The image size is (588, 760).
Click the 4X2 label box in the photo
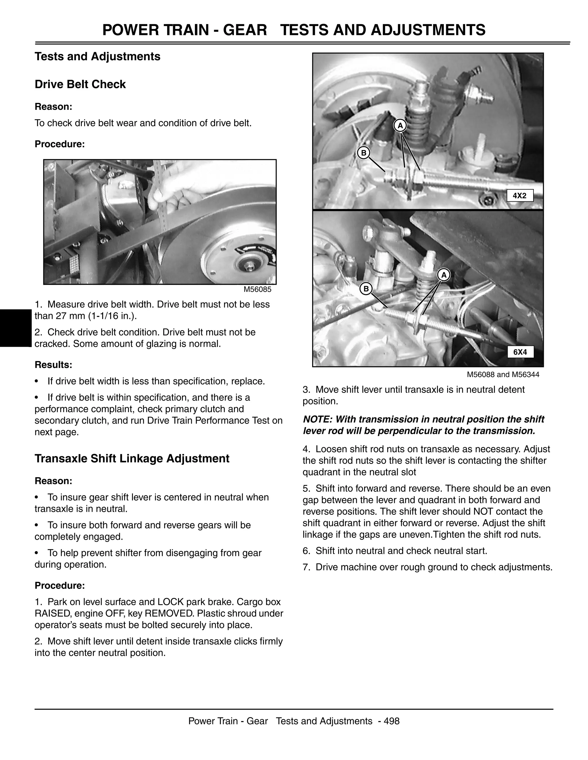click(x=520, y=196)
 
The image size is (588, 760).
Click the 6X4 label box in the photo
click(x=520, y=352)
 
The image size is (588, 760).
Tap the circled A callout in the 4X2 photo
click(x=400, y=126)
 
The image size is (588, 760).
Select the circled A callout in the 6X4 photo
click(x=444, y=275)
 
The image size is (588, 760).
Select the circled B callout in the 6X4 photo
click(x=366, y=289)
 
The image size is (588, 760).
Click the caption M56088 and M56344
click(x=503, y=375)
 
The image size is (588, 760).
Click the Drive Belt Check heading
click(x=80, y=85)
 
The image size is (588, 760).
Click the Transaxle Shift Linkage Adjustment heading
click(x=132, y=459)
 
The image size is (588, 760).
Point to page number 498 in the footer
click(x=392, y=721)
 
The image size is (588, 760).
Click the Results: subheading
click(x=53, y=365)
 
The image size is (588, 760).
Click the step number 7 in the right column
click(x=305, y=567)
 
